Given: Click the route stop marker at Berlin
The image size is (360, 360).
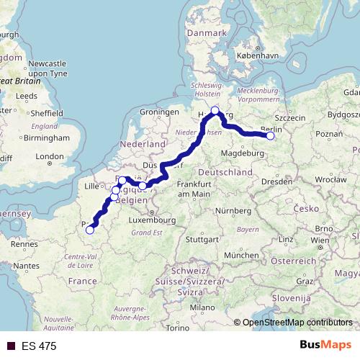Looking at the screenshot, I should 271,135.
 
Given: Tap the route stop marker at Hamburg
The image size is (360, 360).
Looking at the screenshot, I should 215,110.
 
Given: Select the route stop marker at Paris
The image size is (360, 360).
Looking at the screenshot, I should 89,230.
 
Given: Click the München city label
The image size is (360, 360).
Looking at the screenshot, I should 242,256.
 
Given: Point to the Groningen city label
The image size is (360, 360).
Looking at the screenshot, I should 159,113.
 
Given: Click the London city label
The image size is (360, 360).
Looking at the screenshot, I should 50,156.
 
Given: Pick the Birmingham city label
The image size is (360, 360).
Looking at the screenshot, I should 45,138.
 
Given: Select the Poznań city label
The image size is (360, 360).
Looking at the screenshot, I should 329,134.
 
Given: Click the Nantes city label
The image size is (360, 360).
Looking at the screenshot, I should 26,266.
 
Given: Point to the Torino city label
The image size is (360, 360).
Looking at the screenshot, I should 177,328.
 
